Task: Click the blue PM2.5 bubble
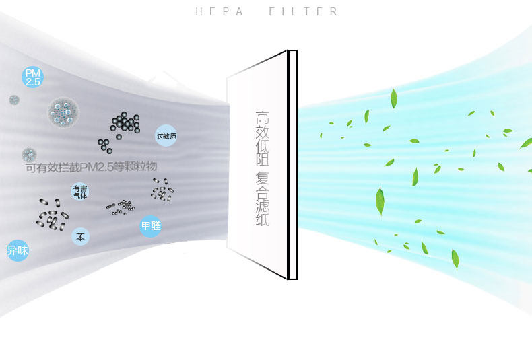tap(32, 77)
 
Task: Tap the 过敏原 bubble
tap(166, 136)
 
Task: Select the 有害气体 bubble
tap(80, 192)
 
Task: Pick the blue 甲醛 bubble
tap(150, 226)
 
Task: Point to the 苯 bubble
tap(81, 237)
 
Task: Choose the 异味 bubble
tap(17, 251)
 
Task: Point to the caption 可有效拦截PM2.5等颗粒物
tap(91, 166)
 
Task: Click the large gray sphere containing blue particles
tap(64, 112)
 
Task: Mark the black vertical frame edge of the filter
tap(292, 165)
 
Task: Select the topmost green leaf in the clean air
tap(394, 98)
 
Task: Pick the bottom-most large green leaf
tap(455, 259)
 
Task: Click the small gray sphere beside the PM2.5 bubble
tap(14, 100)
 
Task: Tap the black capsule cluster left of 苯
tap(51, 213)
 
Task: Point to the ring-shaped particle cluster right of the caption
tap(162, 190)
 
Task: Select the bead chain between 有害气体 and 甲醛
tap(120, 207)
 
